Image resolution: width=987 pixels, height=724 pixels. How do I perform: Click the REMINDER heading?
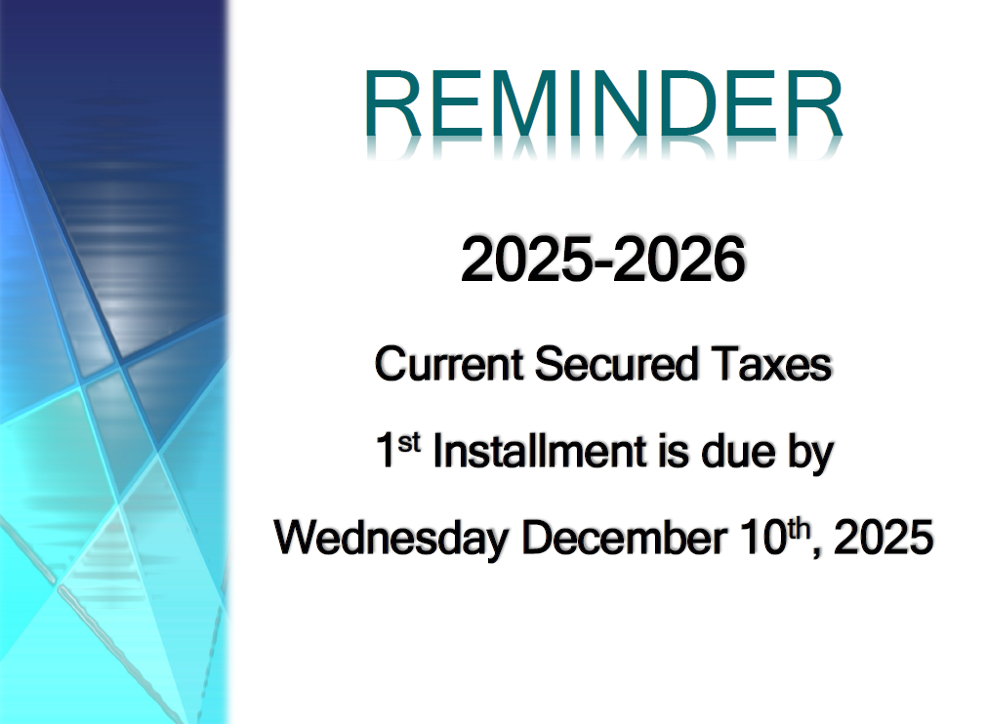[x=603, y=103]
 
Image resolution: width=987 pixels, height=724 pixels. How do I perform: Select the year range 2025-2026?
[x=603, y=260]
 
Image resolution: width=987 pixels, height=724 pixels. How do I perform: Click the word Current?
[x=449, y=364]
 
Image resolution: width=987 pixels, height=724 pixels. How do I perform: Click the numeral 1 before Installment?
[x=386, y=451]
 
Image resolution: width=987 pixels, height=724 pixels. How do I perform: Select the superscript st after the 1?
[x=408, y=443]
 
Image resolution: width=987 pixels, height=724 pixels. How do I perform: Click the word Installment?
[x=540, y=451]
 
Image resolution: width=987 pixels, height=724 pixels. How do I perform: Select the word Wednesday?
[x=391, y=539]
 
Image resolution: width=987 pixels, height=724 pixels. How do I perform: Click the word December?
[x=624, y=538]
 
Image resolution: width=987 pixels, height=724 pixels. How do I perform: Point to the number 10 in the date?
[x=763, y=538]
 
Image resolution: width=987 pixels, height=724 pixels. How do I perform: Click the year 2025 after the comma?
[x=884, y=538]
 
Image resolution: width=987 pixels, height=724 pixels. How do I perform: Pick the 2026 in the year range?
[x=679, y=260]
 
